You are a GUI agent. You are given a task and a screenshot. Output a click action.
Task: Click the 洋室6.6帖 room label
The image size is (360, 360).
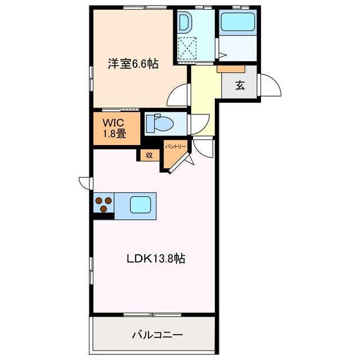coord(133,64)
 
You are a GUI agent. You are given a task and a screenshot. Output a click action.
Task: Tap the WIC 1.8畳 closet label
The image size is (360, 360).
coord(113,128)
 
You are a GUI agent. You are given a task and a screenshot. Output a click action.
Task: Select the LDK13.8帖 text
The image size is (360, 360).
coord(155,259)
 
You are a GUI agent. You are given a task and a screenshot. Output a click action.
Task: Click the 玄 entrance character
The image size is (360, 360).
coord(240,85)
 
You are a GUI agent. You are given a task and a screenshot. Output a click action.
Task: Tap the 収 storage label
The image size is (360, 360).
coord(149,155)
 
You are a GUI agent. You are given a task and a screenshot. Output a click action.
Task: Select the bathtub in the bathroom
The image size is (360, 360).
coord(237,22)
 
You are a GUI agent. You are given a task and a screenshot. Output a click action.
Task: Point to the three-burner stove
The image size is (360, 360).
coord(103,204)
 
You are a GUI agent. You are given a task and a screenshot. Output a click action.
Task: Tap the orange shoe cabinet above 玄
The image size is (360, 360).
coord(231,69)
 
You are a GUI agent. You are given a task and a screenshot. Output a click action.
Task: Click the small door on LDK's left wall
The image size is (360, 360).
coord(85,183)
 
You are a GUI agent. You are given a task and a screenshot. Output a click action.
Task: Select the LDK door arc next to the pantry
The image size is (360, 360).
coord(205,148)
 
